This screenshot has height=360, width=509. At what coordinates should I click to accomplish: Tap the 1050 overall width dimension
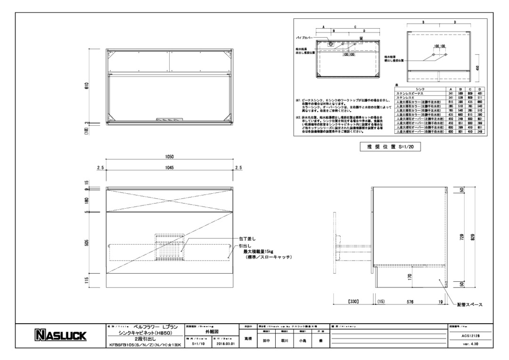(170, 157)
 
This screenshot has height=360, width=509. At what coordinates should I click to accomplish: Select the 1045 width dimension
(170, 167)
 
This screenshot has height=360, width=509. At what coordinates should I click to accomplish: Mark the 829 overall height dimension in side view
(473, 236)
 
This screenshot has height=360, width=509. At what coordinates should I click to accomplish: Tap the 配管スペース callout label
(469, 305)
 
